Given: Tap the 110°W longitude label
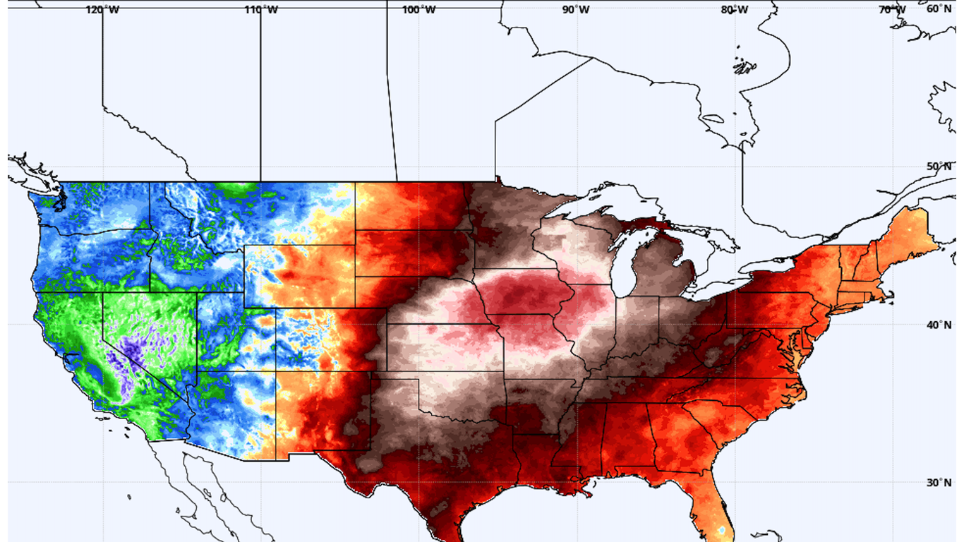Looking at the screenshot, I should click(260, 10).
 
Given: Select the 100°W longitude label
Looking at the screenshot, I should click(418, 10).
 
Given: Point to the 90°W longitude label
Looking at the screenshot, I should click(577, 10).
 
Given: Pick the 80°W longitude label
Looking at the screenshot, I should click(735, 10).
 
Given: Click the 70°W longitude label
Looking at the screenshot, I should click(892, 10).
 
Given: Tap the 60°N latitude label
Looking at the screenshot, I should click(939, 9).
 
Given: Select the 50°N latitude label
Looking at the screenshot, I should click(939, 167).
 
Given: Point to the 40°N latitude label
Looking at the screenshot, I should click(939, 325).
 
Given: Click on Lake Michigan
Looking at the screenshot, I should click(622, 261).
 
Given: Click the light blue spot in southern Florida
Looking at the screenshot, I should click(721, 529).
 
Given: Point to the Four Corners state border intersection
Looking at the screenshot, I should click(276, 371).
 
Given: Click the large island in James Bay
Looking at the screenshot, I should click(745, 68).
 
